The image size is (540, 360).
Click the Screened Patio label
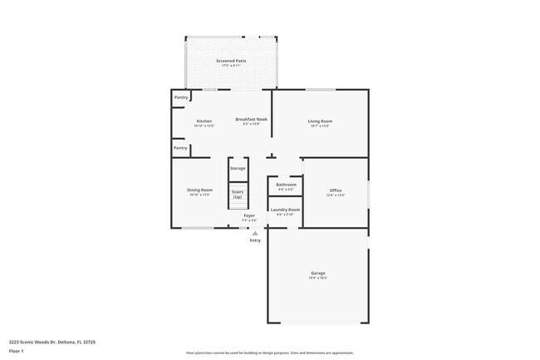tap(231, 61)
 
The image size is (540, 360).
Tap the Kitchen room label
tap(204, 121)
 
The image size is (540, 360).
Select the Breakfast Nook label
tap(251, 120)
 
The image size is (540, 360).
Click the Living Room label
tap(320, 121)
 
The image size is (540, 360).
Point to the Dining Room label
tap(199, 190)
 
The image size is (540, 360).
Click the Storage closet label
tap(238, 169)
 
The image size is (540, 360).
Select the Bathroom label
tap(286, 185)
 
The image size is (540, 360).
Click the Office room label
tap(335, 190)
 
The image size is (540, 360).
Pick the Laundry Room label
tap(285, 210)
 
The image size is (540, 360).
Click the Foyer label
tap(248, 216)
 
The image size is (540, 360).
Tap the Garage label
tap(318, 273)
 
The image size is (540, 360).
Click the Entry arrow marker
tap(255, 234)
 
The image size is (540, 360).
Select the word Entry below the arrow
tap(255, 240)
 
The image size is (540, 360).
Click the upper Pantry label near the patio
tap(180, 97)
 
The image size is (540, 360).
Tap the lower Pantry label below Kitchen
tap(180, 148)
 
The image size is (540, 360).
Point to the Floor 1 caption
tap(17, 352)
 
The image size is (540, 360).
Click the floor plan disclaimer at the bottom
tap(270, 353)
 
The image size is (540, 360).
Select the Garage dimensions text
tap(318, 278)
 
